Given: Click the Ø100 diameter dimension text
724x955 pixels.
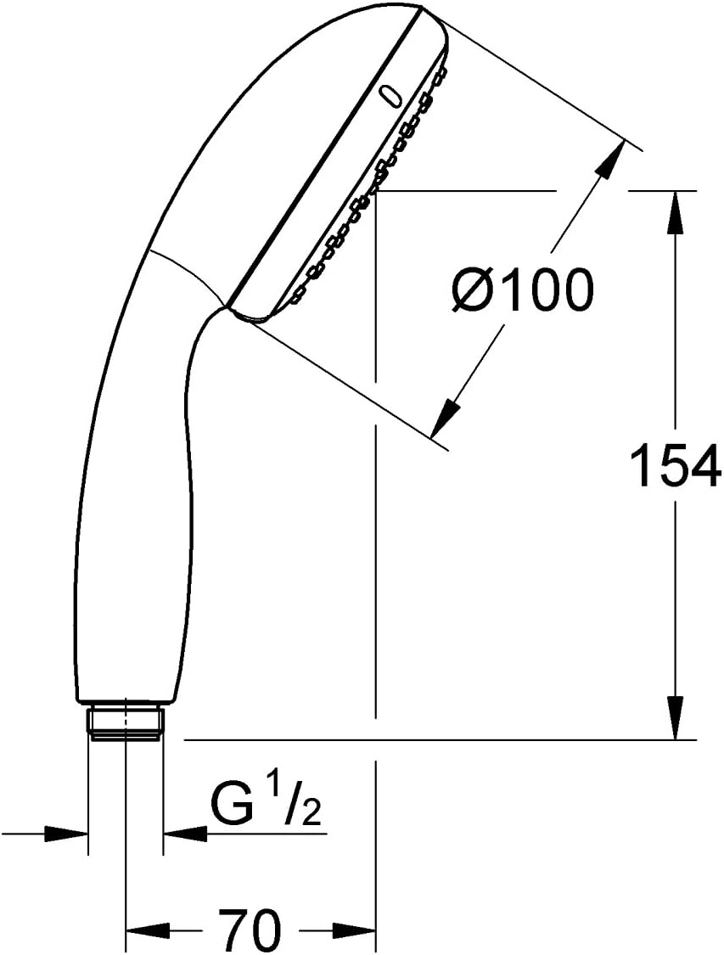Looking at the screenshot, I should [x=521, y=290].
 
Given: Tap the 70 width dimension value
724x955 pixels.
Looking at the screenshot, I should [x=250, y=930].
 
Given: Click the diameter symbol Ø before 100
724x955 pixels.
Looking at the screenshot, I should [x=472, y=291].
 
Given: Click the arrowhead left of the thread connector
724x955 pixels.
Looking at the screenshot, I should [x=68, y=834].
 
